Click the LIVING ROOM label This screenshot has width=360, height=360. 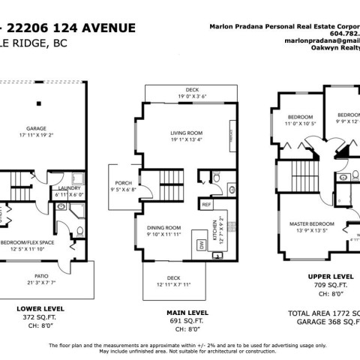tap(185, 133)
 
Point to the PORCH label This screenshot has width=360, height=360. tap(123, 182)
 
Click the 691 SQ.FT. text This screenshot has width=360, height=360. tap(179, 320)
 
